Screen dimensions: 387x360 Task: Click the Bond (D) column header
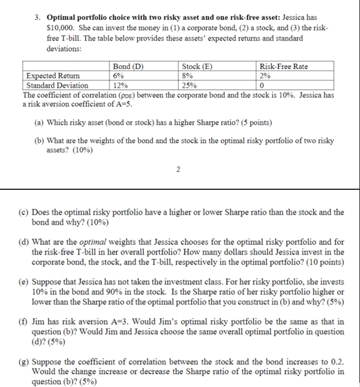128,67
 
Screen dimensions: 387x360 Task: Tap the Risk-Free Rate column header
283,67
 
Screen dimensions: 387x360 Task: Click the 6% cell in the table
119,76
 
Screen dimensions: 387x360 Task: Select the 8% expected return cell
188,76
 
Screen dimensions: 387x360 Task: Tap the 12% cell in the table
120,85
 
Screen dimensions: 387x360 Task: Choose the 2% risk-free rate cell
264,76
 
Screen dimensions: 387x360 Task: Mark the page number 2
178,169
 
